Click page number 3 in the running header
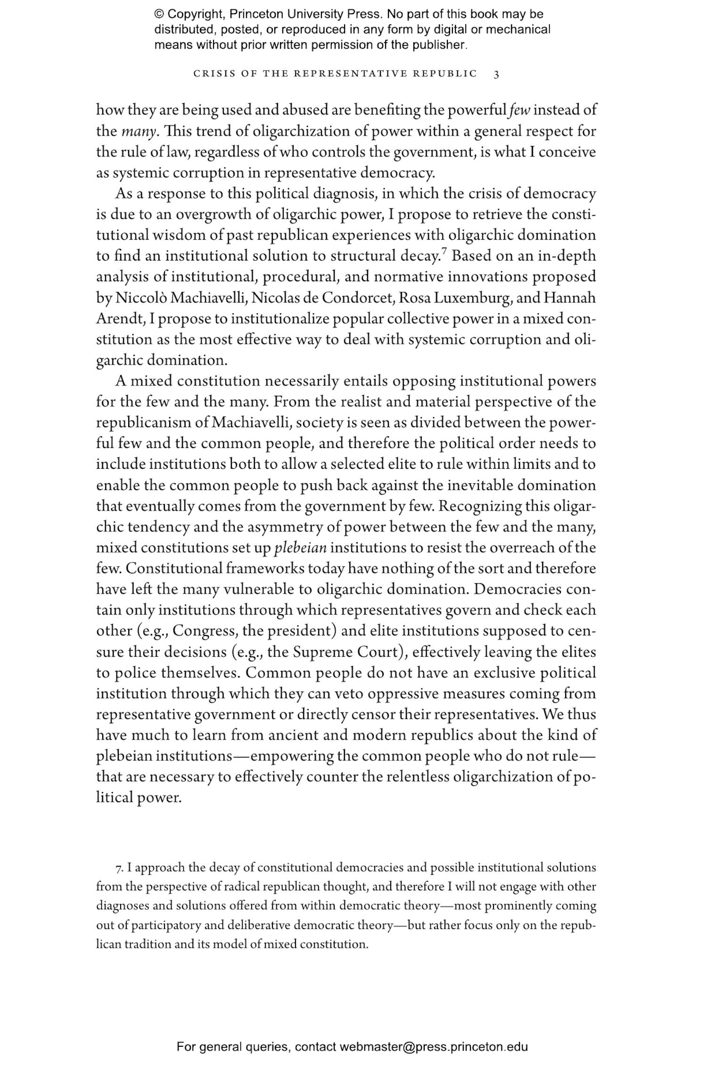coord(496,74)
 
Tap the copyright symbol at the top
coord(159,14)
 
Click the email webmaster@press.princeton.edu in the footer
coord(433,1047)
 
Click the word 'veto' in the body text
coord(350,694)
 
